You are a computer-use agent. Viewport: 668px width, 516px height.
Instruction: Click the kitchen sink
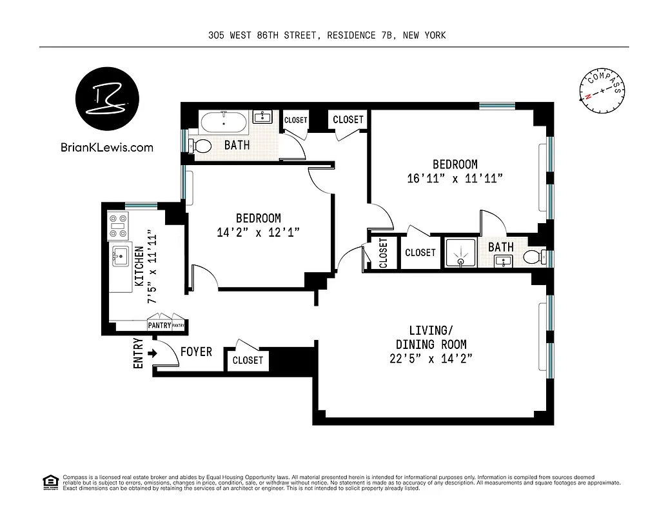(x=121, y=256)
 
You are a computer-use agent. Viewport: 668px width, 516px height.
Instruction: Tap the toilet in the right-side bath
(x=533, y=257)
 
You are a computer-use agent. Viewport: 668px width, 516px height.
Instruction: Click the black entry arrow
(x=152, y=353)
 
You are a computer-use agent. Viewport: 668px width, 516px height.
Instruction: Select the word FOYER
(x=196, y=352)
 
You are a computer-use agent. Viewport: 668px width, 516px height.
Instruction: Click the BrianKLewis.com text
(x=106, y=147)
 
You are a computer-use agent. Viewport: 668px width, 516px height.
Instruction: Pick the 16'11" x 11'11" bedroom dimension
(x=455, y=179)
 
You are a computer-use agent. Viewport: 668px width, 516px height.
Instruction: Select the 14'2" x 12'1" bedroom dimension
(x=258, y=232)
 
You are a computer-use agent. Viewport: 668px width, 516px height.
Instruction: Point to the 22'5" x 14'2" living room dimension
(x=431, y=358)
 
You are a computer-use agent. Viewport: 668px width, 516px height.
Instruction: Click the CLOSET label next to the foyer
(x=248, y=360)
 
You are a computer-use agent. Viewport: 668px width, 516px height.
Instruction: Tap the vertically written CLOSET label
(x=383, y=253)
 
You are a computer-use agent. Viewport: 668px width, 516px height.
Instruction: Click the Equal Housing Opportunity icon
(x=49, y=481)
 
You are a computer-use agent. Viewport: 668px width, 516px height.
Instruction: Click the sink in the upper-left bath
(x=262, y=117)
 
